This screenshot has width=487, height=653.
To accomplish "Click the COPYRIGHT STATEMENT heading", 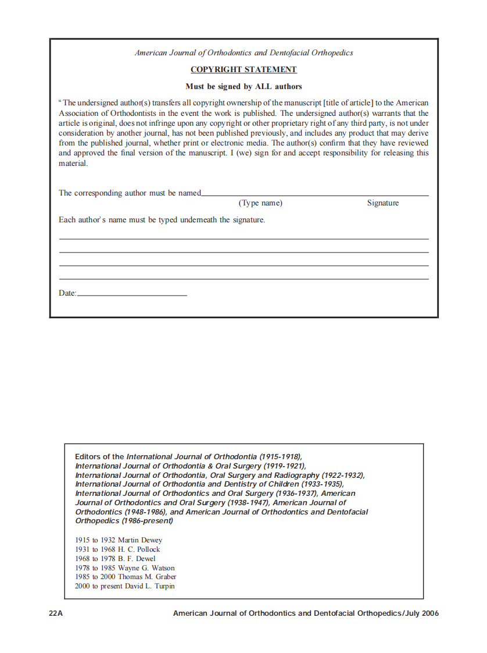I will click(243, 70).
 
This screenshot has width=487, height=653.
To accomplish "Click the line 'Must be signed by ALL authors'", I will click(243, 87).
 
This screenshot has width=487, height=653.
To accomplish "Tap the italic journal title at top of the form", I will click(243, 53).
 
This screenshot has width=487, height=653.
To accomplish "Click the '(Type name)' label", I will click(260, 203).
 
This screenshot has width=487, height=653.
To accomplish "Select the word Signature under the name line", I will click(382, 203).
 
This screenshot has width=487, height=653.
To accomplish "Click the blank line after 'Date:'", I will click(132, 295).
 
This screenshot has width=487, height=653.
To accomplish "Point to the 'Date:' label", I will click(67, 293).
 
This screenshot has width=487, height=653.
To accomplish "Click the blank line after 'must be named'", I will click(314, 195).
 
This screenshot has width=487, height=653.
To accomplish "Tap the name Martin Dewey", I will click(140, 540).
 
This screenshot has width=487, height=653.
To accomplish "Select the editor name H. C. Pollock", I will click(139, 549).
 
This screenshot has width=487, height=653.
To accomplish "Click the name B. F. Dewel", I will click(137, 559).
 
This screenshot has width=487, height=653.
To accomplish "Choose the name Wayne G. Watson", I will click(146, 568).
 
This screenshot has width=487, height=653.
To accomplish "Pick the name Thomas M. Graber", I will click(147, 577).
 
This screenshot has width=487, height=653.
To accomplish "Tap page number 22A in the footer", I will click(56, 613).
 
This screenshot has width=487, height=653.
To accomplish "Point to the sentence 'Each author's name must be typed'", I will click(162, 220).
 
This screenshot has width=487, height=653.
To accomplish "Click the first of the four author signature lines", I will click(243, 239).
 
